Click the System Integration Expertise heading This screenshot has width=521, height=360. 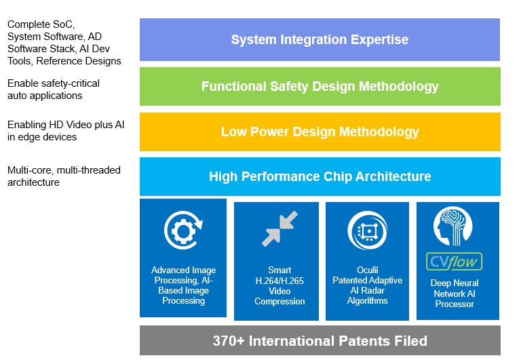point(320,39)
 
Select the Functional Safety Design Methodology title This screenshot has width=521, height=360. point(320,86)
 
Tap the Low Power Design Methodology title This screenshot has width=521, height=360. point(320,132)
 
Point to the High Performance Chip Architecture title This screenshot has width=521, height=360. point(320,176)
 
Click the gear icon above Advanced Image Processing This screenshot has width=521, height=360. point(183,231)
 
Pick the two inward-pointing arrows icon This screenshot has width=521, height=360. point(279,229)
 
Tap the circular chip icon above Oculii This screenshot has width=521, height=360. point(367,231)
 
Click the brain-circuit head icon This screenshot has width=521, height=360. point(452,226)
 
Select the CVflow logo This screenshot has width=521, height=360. point(455,262)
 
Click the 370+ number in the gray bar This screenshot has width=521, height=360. point(228,341)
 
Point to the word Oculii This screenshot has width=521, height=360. point(368,270)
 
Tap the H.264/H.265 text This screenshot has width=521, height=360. point(279,281)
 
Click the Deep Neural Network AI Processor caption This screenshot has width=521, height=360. point(455,294)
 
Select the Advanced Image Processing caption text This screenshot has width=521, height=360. point(183,285)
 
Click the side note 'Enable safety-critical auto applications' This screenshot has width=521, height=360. point(54,89)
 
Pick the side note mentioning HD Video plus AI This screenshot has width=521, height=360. point(66,131)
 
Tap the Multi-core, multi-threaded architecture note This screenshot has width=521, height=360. point(64,176)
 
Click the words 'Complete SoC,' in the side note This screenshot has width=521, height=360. point(41,24)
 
